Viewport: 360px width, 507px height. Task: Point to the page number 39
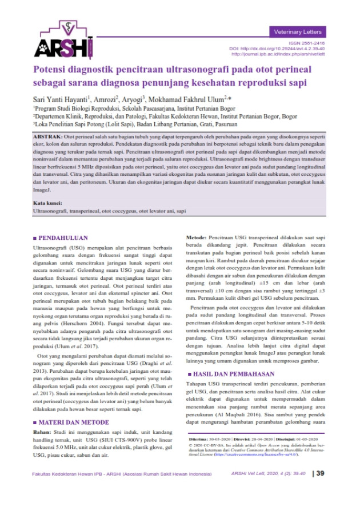pyautogui.click(x=320, y=489)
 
